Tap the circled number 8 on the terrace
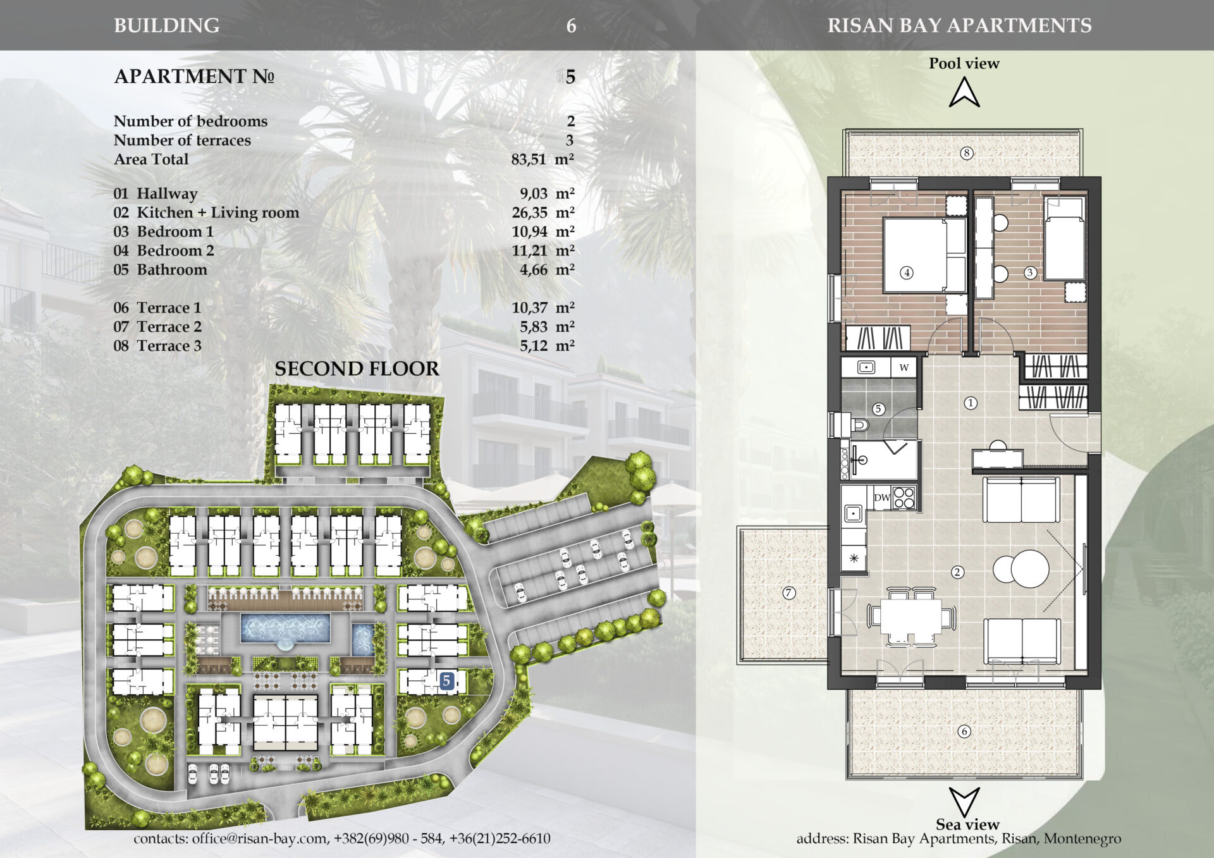966,153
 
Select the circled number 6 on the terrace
964,732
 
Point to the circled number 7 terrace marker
788,593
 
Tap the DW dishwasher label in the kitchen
882,498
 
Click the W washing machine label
904,367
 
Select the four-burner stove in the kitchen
904,497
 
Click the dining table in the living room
910,616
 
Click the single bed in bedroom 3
1065,239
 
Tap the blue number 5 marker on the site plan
447,681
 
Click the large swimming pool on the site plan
285,629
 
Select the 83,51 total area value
529,159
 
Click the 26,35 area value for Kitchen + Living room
530,213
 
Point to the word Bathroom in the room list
172,270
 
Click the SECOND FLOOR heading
357,369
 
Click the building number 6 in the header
571,26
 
